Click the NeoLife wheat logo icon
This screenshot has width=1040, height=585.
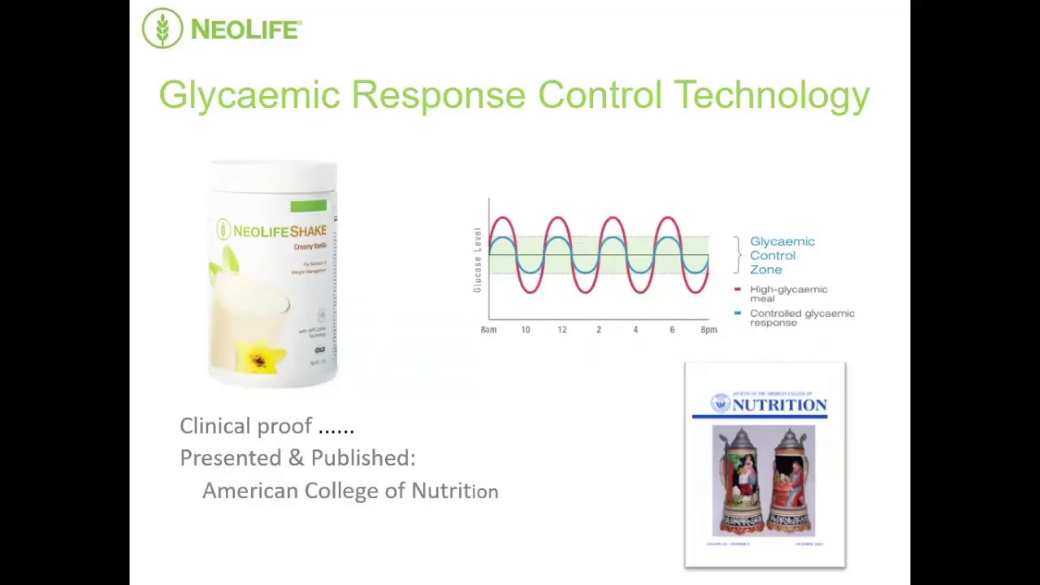(162, 28)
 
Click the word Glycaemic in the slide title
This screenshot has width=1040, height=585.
(249, 95)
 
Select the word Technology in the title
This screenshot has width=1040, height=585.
(771, 95)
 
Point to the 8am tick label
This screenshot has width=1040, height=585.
(488, 330)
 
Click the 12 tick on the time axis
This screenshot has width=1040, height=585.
(561, 330)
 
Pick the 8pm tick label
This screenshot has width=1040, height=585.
(708, 330)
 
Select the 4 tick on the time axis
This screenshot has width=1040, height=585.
(635, 330)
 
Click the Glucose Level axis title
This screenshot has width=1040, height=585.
(478, 260)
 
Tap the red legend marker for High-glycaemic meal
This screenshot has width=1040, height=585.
(737, 289)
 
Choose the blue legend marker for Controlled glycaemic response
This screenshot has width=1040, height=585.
(737, 313)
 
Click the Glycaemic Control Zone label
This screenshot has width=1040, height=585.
(781, 255)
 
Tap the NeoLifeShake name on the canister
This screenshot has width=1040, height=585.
(279, 232)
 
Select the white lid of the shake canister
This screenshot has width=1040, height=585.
(274, 174)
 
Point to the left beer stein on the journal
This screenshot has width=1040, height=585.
(738, 483)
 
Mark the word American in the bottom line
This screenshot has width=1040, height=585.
(249, 491)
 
